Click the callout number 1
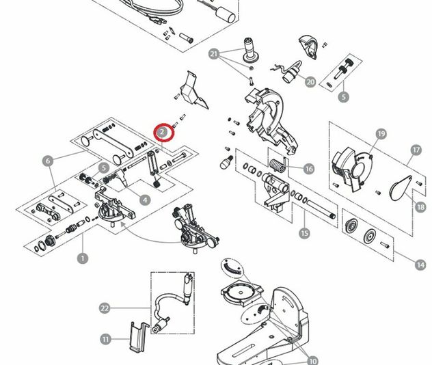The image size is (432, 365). click(83, 258)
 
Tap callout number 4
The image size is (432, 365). click(145, 200)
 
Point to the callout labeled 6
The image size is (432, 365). click(47, 161)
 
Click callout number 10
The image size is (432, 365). click(313, 360)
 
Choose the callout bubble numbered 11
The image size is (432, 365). click(105, 338)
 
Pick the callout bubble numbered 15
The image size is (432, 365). click(304, 233)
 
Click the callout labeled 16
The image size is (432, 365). click(309, 169)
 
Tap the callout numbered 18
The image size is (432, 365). click(420, 206)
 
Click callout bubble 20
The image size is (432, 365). click(310, 82)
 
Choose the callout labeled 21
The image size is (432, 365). click(214, 54)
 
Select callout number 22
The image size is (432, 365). click(104, 308)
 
